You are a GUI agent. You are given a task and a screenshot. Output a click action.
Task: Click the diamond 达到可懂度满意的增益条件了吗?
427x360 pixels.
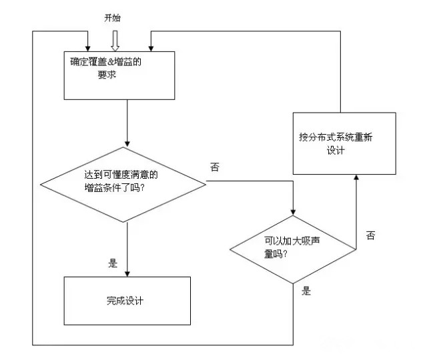(127, 181)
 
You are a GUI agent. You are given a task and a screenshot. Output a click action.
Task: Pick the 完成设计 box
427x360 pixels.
(127, 301)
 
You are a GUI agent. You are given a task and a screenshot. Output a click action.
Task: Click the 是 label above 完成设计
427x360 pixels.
(113, 263)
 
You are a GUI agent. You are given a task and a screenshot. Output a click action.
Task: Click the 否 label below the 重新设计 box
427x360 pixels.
(370, 235)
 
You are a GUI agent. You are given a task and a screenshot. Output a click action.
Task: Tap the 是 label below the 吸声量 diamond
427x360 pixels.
(307, 291)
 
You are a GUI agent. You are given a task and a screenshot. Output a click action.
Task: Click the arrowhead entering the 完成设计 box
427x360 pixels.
(127, 273)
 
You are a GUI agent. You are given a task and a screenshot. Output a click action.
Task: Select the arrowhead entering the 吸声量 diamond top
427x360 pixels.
(292, 211)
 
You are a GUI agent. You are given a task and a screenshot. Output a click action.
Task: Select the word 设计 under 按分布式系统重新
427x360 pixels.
(335, 151)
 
